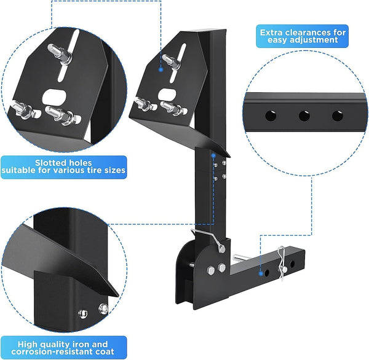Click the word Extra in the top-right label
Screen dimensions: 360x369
tap(272, 32)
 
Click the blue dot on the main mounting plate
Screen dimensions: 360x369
tap(161, 69)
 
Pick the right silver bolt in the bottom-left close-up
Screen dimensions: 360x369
tap(101, 308)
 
